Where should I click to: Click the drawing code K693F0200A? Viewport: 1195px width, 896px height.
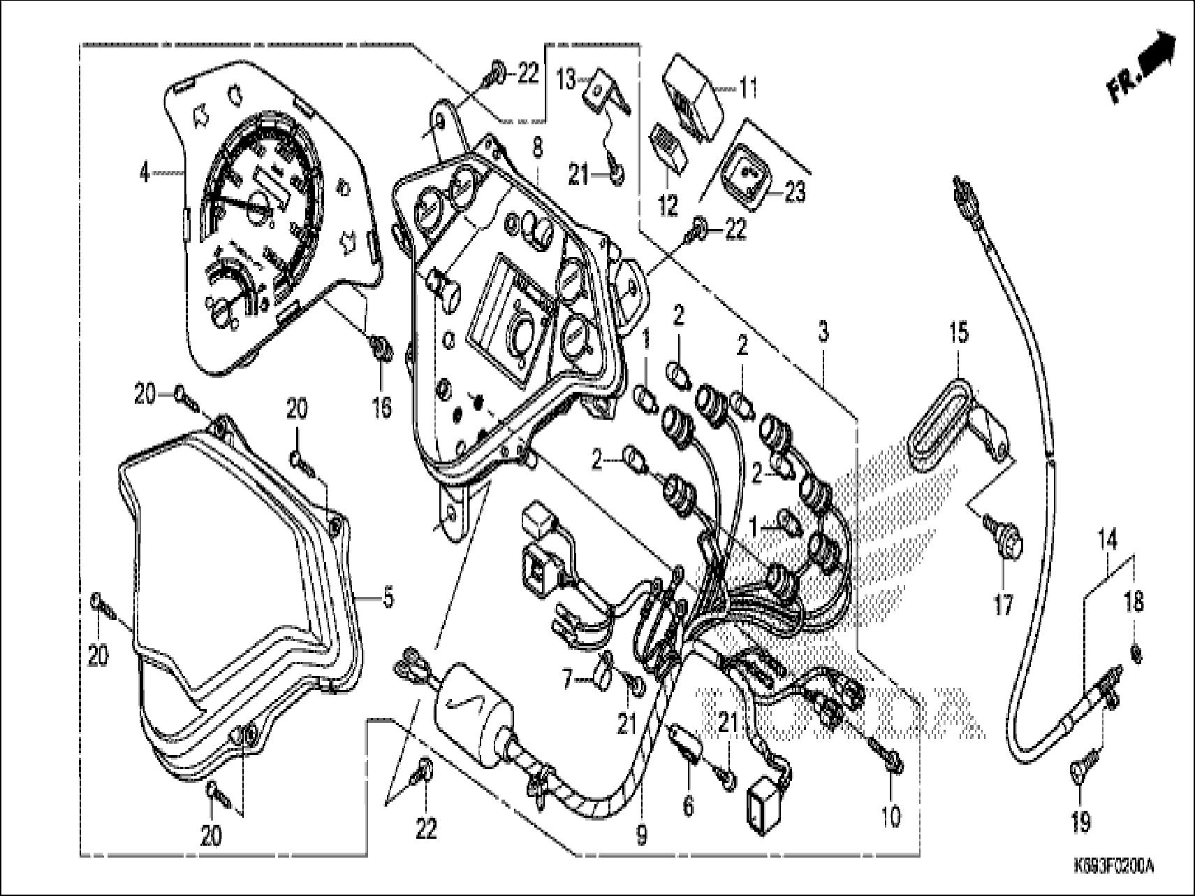coord(1113,867)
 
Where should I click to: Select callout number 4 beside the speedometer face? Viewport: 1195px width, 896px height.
coord(145,172)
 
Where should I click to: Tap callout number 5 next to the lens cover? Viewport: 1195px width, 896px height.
coord(388,598)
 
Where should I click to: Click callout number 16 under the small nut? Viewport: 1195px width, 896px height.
coord(382,407)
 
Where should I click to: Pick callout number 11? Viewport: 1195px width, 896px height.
coord(748,89)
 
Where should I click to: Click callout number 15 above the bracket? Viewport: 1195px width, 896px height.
coord(959,332)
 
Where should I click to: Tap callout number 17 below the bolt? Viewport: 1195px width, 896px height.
coord(1003,605)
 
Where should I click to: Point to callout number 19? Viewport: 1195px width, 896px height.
coord(1080,822)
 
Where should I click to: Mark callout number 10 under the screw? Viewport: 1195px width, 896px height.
coord(892,815)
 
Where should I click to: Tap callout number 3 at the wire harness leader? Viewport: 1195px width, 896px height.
coord(823,332)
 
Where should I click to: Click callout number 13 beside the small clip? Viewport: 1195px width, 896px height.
coord(566,80)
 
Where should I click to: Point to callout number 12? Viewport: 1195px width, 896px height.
coord(668,205)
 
